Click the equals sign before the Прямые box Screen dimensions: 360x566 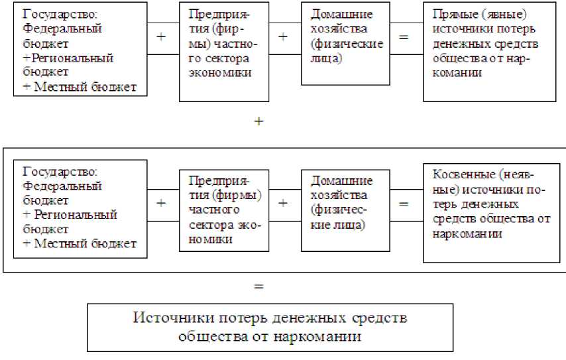404,36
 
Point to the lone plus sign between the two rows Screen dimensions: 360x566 259,122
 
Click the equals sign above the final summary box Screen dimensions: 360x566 259,287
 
